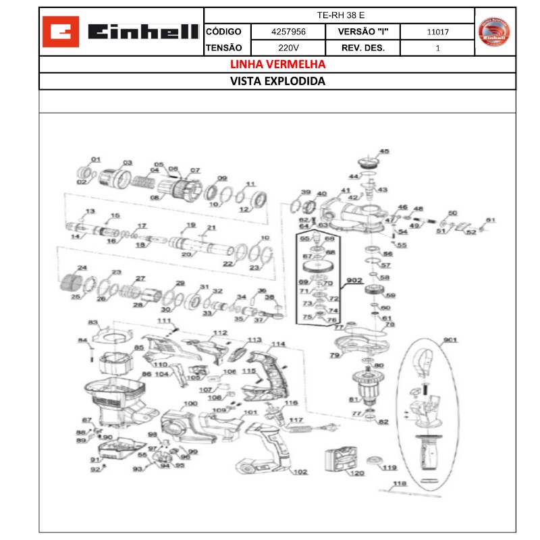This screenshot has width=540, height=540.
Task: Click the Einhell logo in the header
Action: [122, 32]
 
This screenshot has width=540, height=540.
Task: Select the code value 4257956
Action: [288, 32]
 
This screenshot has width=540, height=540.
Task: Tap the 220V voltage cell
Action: [288, 48]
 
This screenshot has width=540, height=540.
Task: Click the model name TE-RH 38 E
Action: [340, 15]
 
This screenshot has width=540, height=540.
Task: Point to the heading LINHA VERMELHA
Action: [277, 65]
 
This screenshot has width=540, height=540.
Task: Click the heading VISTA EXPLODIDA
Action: [277, 81]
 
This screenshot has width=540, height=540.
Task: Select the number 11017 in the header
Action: [438, 32]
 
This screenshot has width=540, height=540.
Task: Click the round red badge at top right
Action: [495, 32]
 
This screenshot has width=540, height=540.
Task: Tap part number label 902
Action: [354, 280]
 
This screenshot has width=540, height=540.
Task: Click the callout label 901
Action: [450, 340]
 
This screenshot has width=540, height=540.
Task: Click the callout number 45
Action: [384, 152]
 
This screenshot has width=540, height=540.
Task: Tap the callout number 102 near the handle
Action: [300, 472]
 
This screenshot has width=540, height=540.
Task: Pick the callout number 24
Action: [82, 268]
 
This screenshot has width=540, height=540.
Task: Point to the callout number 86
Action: [146, 374]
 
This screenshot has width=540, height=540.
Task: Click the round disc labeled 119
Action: [371, 462]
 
